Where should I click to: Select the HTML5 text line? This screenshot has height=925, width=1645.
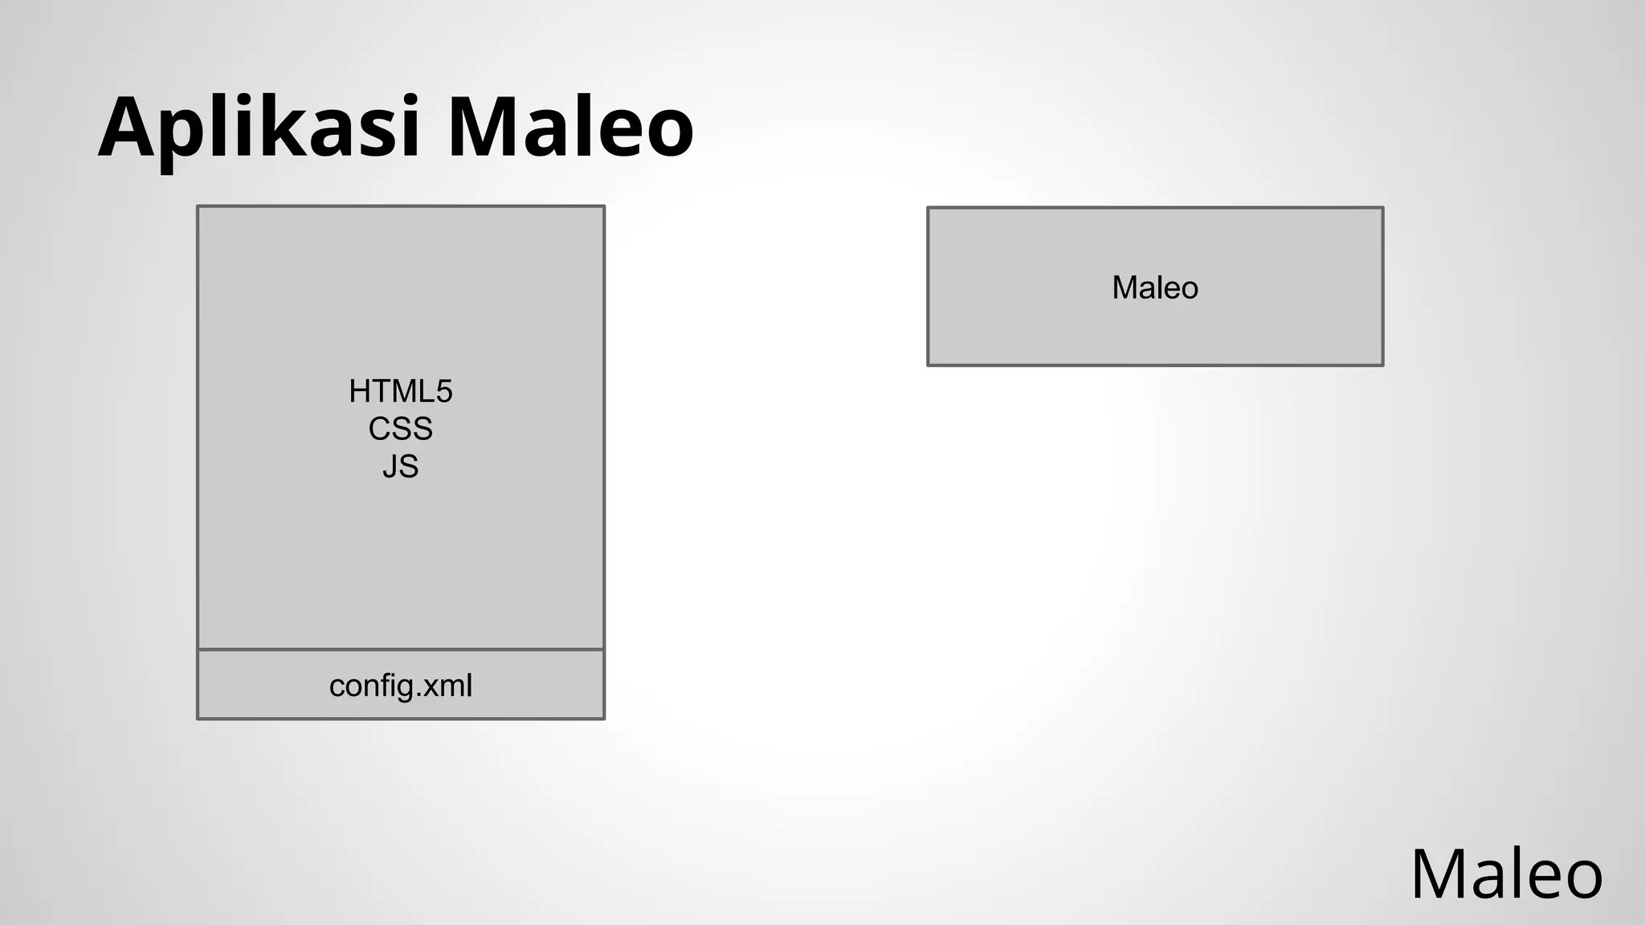(400, 392)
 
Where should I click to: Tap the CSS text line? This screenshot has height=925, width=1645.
(400, 429)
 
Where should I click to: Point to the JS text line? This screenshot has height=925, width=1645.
(400, 467)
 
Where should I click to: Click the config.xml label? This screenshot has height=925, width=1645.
(400, 686)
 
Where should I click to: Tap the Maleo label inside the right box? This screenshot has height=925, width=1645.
(1154, 287)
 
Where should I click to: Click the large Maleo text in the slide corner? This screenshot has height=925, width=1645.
(1506, 874)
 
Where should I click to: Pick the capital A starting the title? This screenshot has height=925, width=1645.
(127, 127)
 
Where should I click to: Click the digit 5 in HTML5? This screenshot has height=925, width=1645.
(444, 392)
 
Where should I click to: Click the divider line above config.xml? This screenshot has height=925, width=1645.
(400, 649)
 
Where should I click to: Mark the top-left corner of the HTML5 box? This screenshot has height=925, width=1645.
(198, 207)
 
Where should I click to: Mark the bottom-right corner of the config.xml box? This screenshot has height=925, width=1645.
(603, 718)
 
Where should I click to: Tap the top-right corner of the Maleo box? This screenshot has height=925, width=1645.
(1382, 209)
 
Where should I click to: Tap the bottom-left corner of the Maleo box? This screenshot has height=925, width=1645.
(929, 365)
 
